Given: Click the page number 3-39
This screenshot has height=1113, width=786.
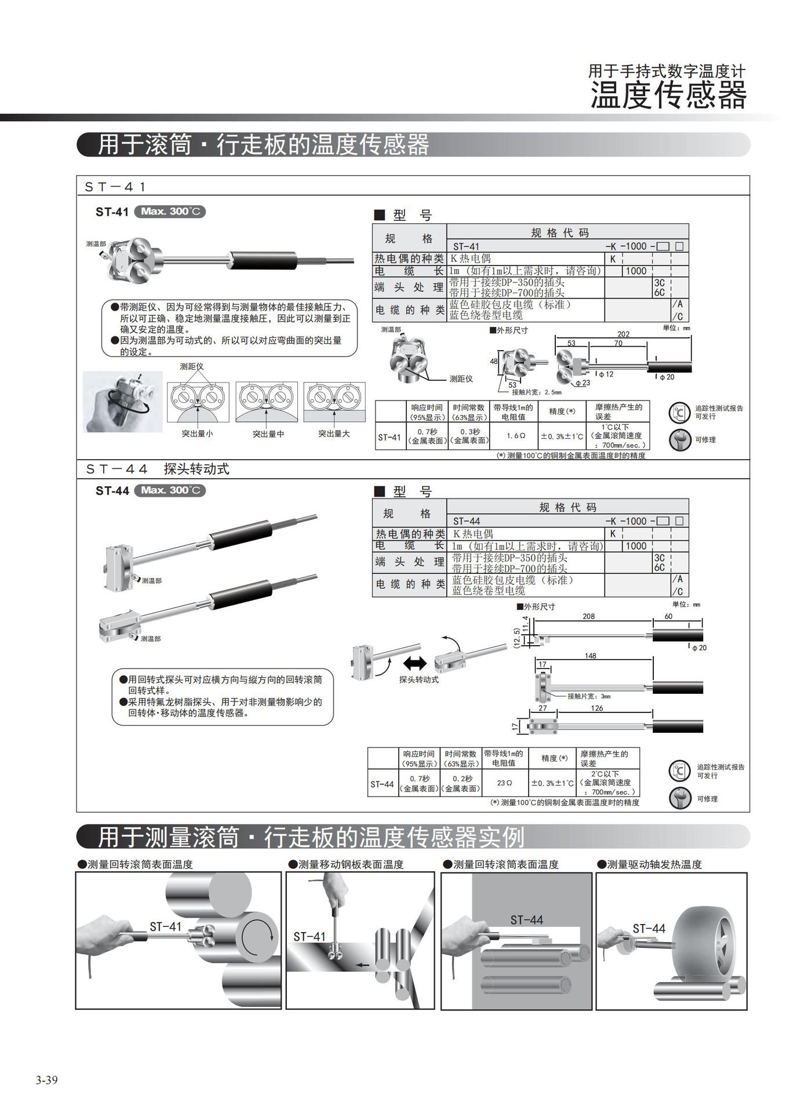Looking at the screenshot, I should pos(46,1080).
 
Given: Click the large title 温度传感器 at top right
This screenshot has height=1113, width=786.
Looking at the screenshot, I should pos(668,96).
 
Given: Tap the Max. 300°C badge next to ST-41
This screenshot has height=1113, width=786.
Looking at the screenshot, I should pos(170,212).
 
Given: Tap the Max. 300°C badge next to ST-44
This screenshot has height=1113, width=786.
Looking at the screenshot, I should pos(170,490).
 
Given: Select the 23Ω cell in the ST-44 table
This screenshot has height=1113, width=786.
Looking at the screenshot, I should pos(504,783).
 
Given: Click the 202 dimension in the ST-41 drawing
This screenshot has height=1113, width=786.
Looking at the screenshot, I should pos(623,334).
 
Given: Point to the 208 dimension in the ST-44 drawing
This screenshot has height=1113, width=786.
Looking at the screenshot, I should pos(588,616).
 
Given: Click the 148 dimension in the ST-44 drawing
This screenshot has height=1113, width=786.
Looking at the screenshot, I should pos(589,656).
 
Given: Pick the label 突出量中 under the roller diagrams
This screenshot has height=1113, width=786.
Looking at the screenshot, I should pos(268,434).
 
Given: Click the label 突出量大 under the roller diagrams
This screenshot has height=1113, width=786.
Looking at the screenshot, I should pos(334,434).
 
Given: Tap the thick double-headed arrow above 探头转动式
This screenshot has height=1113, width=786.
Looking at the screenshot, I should pos(415,663).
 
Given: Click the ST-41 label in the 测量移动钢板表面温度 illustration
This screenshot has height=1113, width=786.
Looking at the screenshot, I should pos(310,936).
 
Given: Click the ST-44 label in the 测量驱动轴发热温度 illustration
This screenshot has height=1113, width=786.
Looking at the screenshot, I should pos(649,929).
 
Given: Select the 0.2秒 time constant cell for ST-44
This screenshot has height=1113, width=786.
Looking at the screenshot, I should pos(461,783).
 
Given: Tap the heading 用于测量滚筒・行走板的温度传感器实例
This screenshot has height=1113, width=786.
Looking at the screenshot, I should pos(311,837).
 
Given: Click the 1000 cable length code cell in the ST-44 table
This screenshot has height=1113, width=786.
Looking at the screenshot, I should pos(636,545).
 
